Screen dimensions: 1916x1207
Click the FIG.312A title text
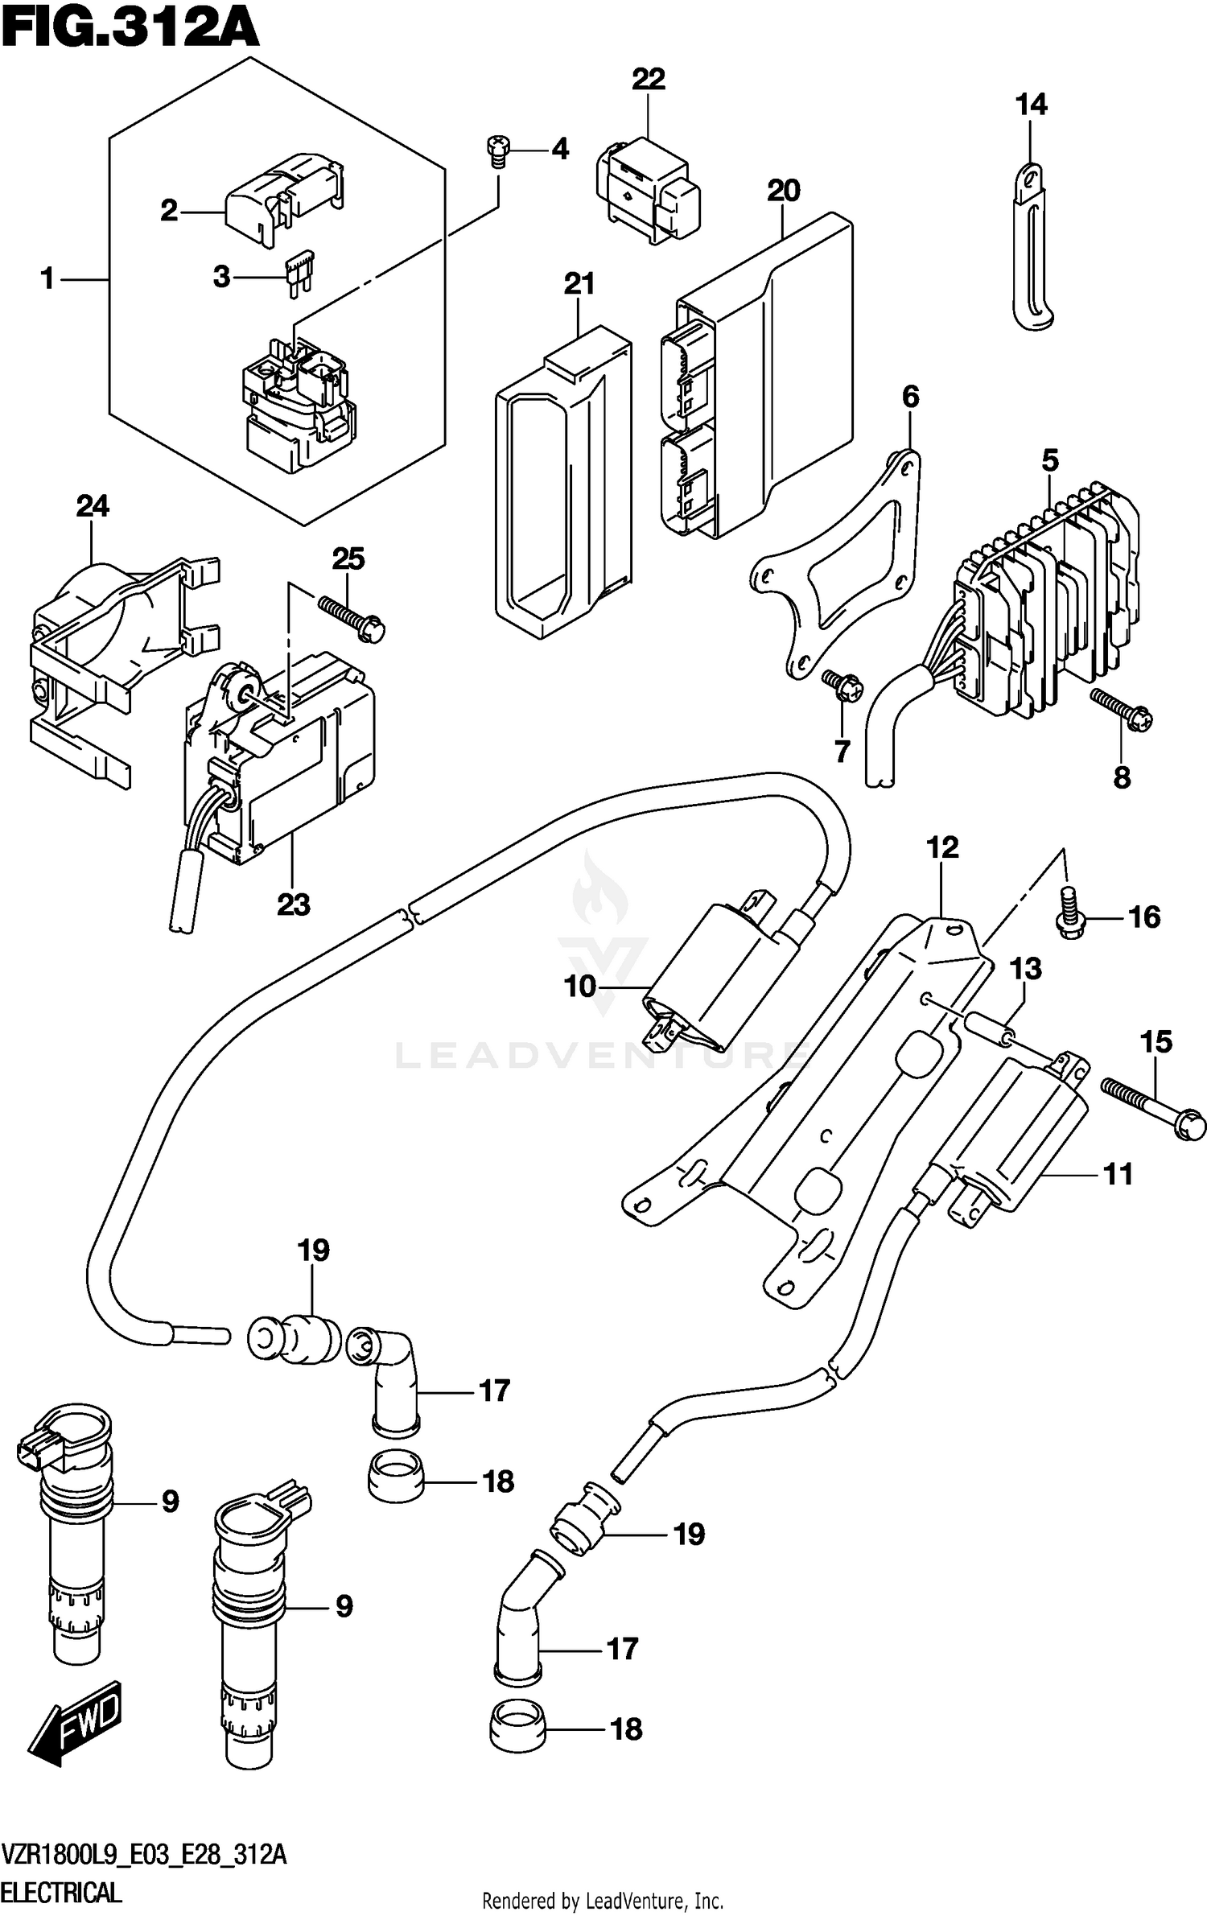tap(129, 32)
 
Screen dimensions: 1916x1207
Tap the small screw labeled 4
tap(497, 150)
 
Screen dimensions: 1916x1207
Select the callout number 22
tap(648, 80)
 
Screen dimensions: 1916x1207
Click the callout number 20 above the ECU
tap(783, 192)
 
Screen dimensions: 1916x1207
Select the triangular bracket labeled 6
tap(837, 563)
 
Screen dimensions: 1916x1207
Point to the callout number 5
tap(1049, 461)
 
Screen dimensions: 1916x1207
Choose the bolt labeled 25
tap(352, 618)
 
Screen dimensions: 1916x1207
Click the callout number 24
tap(93, 506)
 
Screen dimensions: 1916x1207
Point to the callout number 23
tap(293, 904)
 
